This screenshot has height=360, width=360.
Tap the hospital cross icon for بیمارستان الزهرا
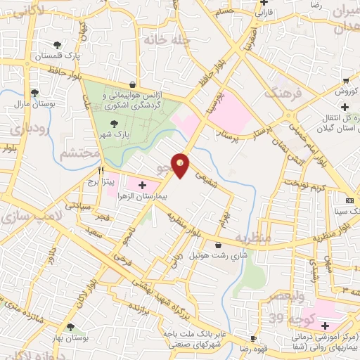click(x=143, y=185)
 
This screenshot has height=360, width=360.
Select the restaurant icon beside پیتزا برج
click(x=101, y=169)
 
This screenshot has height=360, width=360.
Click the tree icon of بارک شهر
click(x=114, y=124)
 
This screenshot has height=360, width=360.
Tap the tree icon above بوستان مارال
click(x=34, y=92)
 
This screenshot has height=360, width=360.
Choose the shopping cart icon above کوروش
click(x=345, y=79)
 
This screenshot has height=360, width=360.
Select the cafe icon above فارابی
click(x=263, y=3)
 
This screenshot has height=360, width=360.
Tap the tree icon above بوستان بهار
click(x=70, y=326)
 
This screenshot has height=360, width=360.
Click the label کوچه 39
click(x=289, y=320)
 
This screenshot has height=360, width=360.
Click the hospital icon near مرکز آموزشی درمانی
click(x=324, y=326)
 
